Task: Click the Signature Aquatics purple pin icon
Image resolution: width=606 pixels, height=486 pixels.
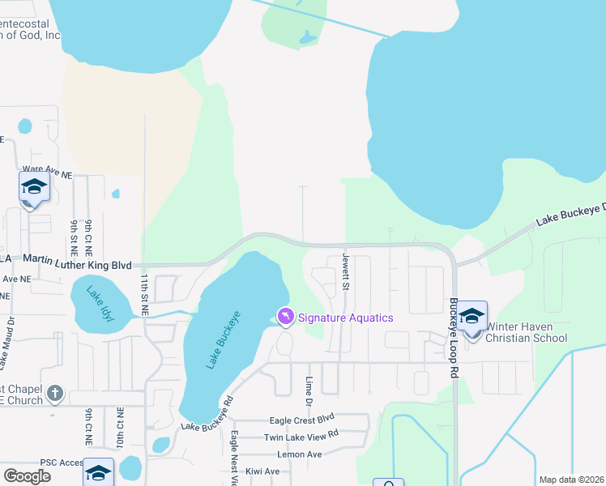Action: (x=285, y=316)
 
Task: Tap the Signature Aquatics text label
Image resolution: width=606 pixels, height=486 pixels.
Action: (x=346, y=318)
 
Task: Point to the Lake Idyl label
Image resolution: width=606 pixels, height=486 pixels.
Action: (x=100, y=304)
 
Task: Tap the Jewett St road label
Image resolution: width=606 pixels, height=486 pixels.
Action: (x=346, y=271)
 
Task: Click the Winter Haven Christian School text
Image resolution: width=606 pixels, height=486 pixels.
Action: (x=526, y=332)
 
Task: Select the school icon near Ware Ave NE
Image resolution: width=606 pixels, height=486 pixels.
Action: (x=34, y=187)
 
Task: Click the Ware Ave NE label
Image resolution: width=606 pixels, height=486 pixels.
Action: (x=47, y=172)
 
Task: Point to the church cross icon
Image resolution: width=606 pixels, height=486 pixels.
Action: (x=54, y=394)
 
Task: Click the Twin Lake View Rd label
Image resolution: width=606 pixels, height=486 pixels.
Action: (x=301, y=437)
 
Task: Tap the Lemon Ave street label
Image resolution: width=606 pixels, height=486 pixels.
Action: (x=299, y=454)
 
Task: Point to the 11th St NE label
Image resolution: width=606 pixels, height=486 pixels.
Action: (x=144, y=295)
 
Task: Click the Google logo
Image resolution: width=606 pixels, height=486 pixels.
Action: (x=28, y=476)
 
